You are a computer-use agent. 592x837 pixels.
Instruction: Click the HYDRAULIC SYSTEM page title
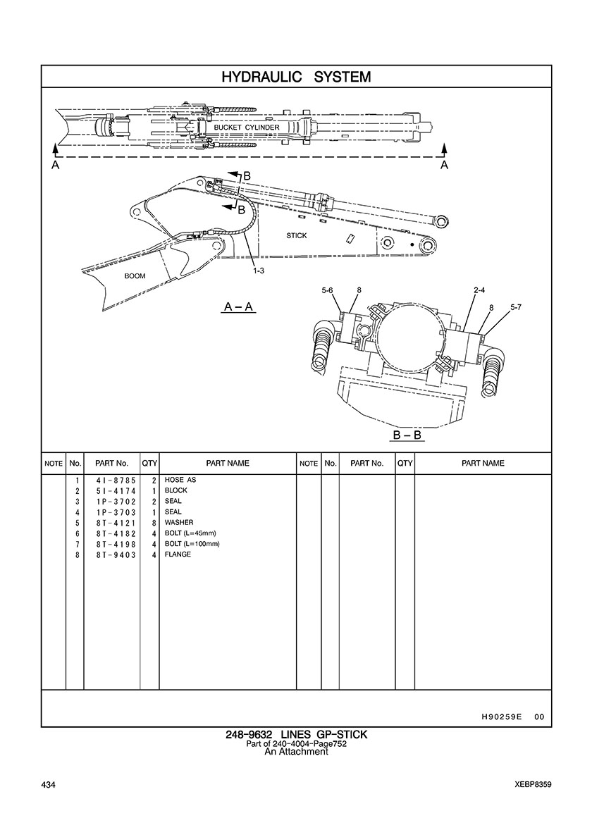point(296,77)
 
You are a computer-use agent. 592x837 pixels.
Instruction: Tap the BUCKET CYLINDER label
point(247,128)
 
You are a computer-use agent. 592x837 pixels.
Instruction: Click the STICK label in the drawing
point(297,235)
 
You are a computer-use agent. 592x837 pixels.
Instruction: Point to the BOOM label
point(135,276)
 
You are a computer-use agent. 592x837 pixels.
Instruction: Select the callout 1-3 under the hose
point(259,271)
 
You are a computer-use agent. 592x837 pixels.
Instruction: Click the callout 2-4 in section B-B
point(479,290)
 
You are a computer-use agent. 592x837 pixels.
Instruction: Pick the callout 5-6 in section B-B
point(328,290)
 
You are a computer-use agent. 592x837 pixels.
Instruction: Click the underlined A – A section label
point(239,307)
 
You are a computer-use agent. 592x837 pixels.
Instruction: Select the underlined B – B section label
point(407,435)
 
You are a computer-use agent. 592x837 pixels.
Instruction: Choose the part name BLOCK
point(175,490)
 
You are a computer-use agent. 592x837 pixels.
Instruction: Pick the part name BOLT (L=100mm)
point(192,544)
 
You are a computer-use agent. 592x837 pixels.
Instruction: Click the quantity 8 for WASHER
point(153,523)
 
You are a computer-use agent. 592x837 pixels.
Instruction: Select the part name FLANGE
point(178,555)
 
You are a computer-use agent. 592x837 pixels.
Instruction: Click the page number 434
point(49,785)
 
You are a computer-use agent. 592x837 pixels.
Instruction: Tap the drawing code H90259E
point(501,717)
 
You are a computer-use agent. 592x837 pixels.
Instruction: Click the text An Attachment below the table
point(296,752)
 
